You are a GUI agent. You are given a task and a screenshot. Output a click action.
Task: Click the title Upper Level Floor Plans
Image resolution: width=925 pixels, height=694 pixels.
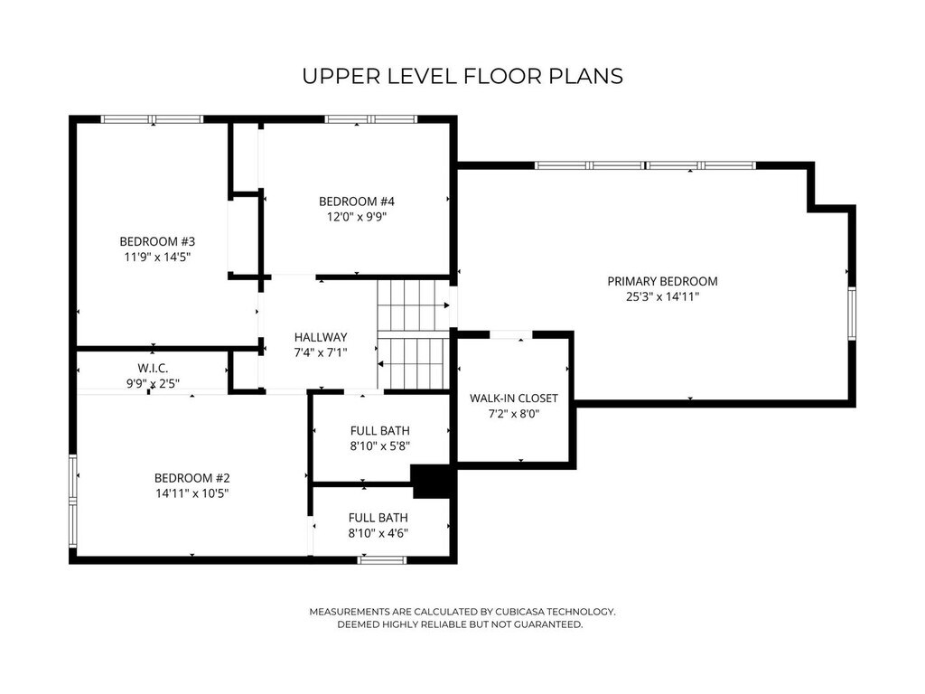point(462,76)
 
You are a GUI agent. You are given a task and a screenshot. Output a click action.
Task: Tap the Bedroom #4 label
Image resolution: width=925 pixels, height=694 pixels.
point(356,202)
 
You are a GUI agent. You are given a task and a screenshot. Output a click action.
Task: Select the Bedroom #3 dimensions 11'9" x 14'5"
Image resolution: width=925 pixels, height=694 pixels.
point(157,257)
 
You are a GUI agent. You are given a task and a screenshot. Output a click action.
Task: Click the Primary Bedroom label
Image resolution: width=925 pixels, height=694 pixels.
point(662,282)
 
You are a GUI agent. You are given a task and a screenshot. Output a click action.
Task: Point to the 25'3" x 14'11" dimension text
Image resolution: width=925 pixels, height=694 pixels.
point(662,296)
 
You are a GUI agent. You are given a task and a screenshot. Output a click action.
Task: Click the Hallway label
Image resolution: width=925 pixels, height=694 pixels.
point(321,338)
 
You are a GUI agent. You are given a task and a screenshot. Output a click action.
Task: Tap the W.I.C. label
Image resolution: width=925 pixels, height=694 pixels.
point(153,369)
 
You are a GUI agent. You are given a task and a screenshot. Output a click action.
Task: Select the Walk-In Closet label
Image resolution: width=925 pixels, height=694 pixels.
point(513,399)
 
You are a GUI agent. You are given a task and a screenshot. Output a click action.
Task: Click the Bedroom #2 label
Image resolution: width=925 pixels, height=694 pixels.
point(192,478)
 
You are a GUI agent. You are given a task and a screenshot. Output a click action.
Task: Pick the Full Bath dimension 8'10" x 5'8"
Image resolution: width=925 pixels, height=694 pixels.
point(380,446)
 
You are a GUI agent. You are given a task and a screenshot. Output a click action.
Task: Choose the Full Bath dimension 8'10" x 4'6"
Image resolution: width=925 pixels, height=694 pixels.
point(378,533)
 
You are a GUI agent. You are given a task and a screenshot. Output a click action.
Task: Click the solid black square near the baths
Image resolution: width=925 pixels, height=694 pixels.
point(433,482)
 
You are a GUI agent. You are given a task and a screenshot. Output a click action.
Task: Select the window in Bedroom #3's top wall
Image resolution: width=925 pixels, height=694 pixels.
point(152,119)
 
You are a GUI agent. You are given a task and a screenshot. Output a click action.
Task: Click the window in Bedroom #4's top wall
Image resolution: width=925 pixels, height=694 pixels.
point(371,119)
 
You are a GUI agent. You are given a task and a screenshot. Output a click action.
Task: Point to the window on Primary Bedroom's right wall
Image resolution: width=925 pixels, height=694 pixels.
point(852,314)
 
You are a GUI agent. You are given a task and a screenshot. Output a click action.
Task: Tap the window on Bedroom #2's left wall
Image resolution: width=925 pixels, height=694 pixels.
point(73,502)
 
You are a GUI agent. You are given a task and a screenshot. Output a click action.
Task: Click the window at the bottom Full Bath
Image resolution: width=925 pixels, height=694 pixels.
point(382,560)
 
